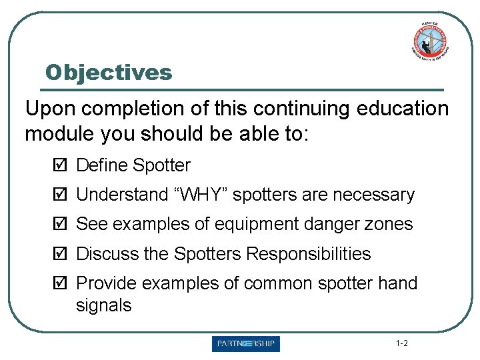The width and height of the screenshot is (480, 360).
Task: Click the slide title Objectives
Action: pos(108,72)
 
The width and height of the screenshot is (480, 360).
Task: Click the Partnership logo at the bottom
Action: pos(246,344)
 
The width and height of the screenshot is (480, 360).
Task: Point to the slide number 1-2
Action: pos(401,344)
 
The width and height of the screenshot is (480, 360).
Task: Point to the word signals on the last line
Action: pos(104,306)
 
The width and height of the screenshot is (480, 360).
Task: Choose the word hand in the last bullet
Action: pos(397,283)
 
